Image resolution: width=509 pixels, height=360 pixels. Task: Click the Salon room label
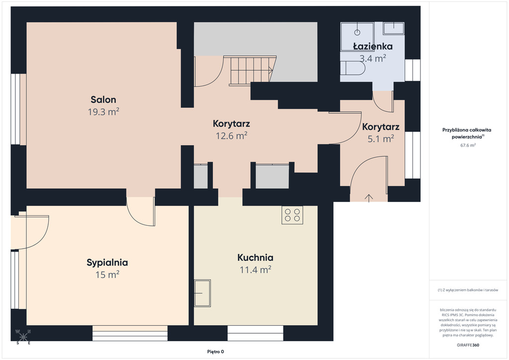[103, 99]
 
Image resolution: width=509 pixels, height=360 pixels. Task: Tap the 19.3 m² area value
[103, 112]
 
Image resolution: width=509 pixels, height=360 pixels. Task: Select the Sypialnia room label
[107, 263]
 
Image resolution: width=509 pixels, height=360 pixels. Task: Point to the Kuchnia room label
[255, 258]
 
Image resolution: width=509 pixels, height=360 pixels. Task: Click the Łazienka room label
[373, 46]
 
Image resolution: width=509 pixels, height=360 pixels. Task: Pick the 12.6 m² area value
[232, 135]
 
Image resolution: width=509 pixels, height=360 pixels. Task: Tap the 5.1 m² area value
[381, 139]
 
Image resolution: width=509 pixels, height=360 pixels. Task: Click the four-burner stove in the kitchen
[292, 215]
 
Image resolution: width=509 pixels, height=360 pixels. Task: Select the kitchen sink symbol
[202, 293]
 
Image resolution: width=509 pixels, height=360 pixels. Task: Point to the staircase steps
[251, 71]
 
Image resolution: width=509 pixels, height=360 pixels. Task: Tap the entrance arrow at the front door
[369, 198]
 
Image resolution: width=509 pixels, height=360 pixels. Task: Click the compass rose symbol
[23, 337]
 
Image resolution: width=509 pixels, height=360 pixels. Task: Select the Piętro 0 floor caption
[216, 352]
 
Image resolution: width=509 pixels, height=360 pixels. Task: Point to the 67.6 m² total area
[468, 145]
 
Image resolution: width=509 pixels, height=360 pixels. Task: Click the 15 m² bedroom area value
[107, 274]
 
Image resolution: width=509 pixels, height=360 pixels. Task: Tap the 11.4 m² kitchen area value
[255, 270]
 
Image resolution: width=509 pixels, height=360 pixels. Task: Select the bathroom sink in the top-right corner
[394, 28]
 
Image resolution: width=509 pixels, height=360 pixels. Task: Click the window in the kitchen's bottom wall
[255, 333]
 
